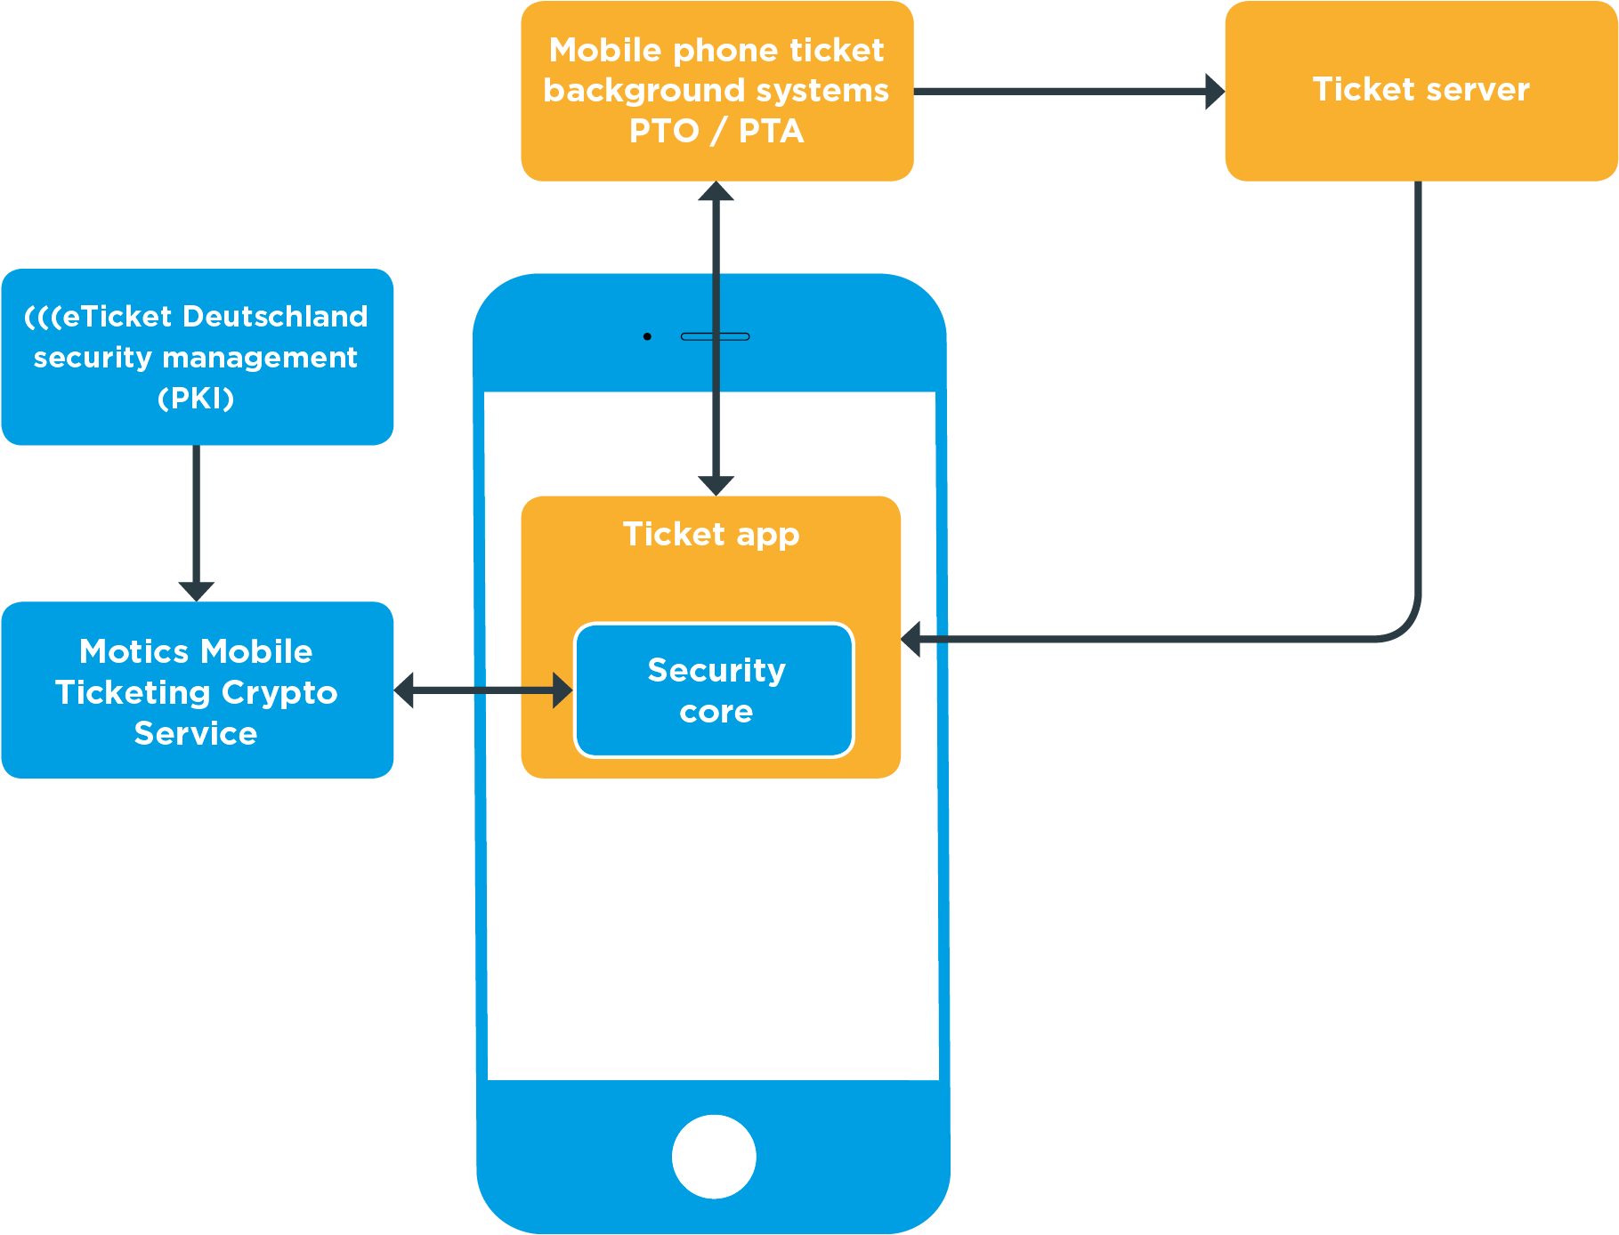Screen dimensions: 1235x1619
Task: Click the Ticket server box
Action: pyautogui.click(x=1421, y=91)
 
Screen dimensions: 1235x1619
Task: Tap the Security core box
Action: pyautogui.click(x=715, y=690)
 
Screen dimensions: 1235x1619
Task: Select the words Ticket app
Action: pyautogui.click(x=711, y=534)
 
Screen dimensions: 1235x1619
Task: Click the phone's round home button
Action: pyautogui.click(x=714, y=1156)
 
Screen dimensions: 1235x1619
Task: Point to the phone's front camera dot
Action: pyautogui.click(x=647, y=336)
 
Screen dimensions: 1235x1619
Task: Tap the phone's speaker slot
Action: pyautogui.click(x=715, y=336)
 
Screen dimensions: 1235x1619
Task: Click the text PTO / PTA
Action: pyautogui.click(x=716, y=131)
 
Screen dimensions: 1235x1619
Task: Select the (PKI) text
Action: pyautogui.click(x=196, y=398)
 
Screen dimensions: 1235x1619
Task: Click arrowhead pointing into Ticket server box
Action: pyautogui.click(x=1214, y=91)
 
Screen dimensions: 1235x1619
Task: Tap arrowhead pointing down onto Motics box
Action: pyautogui.click(x=196, y=591)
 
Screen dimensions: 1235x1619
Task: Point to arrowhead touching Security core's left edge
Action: pyautogui.click(x=563, y=690)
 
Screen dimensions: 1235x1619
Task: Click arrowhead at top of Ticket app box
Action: pyautogui.click(x=716, y=485)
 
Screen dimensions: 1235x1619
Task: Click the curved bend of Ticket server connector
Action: pyautogui.click(x=1404, y=623)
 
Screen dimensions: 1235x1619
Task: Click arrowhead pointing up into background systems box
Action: pyautogui.click(x=716, y=191)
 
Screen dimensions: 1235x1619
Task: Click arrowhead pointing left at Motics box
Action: pyautogui.click(x=405, y=690)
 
